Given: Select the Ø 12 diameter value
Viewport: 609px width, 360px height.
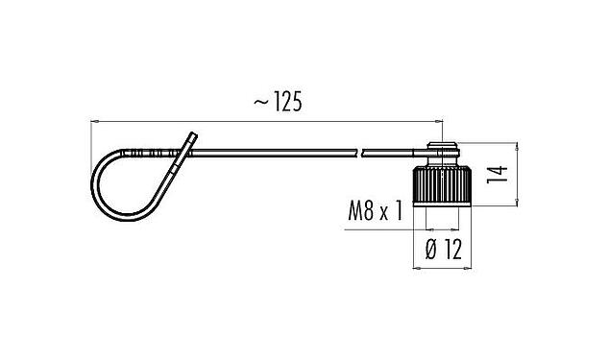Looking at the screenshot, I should [443, 251].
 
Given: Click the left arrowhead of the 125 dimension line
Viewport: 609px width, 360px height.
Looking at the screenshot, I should [94, 122].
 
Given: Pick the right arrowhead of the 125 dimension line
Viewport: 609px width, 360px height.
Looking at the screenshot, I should [438, 122].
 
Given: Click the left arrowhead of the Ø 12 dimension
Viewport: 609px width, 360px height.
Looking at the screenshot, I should [418, 268].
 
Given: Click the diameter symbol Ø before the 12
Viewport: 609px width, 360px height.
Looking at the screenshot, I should [428, 251].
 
